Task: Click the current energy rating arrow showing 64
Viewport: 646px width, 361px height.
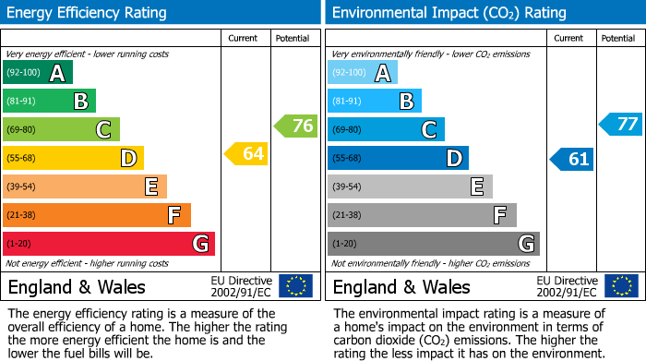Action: [246, 154]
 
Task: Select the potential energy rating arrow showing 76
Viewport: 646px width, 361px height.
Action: [296, 126]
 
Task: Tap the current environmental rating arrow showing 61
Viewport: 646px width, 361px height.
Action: [571, 159]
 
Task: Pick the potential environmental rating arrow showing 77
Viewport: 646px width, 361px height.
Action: [621, 124]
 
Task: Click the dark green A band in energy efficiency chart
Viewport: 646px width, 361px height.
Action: [37, 73]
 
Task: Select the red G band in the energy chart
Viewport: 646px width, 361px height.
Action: [108, 244]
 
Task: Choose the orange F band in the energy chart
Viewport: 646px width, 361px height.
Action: [96, 215]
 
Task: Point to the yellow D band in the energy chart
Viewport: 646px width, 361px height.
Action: [73, 158]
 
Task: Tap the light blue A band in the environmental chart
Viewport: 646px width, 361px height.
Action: [362, 73]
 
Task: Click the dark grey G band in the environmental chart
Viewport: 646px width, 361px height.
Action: [433, 244]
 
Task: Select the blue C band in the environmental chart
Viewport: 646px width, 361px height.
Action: [386, 129]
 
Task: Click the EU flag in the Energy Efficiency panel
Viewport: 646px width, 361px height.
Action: [295, 285]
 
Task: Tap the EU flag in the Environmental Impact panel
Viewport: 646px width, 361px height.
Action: [620, 285]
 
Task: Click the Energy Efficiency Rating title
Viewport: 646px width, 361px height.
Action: [87, 13]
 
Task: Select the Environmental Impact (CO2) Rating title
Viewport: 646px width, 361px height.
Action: [449, 13]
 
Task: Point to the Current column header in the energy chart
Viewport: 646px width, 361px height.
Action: [245, 38]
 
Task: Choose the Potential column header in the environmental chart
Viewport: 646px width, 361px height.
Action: [618, 38]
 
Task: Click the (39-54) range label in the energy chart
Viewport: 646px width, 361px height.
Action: [21, 187]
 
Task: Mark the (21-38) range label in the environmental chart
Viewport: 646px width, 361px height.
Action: [346, 215]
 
